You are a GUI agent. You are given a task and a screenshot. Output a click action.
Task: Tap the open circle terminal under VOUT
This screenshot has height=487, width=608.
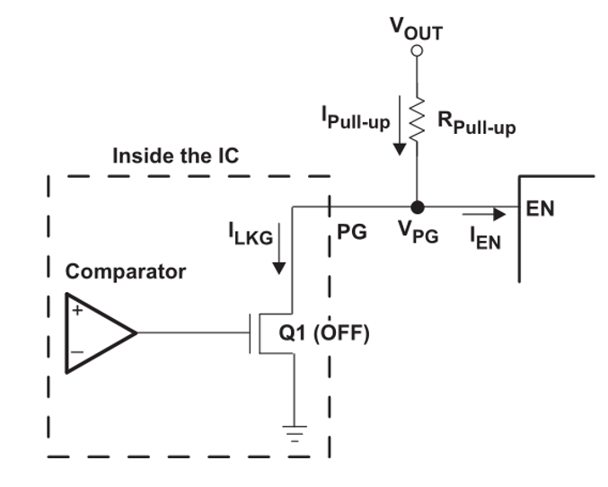click(x=416, y=52)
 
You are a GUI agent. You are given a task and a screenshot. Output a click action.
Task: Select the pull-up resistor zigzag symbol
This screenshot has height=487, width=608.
click(x=416, y=117)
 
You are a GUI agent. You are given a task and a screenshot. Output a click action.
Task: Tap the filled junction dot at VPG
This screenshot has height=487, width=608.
click(x=416, y=206)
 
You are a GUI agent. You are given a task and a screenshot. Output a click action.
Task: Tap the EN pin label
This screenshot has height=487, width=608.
click(x=541, y=209)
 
